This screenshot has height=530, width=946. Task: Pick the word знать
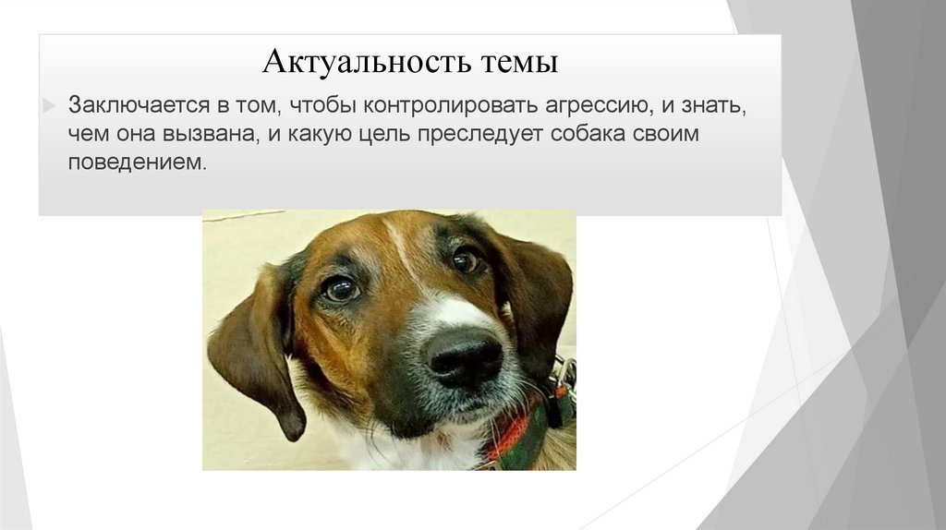pos(710,104)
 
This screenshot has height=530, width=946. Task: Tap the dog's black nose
pos(464,355)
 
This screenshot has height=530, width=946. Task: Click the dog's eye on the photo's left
pos(340,290)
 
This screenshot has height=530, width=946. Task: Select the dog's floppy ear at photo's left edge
pos(254,346)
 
